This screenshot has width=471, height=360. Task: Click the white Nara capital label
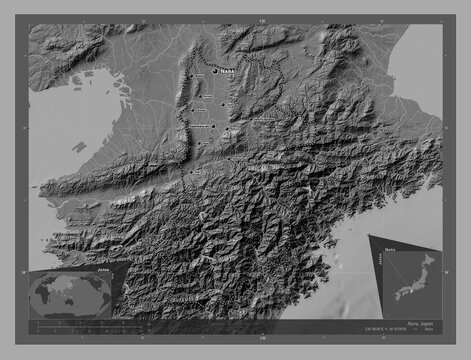pos(229,70)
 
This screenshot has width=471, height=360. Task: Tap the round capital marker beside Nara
pos(214,71)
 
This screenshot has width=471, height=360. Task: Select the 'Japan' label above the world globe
pos(103,270)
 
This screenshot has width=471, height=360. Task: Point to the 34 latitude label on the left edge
pos(24,270)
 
